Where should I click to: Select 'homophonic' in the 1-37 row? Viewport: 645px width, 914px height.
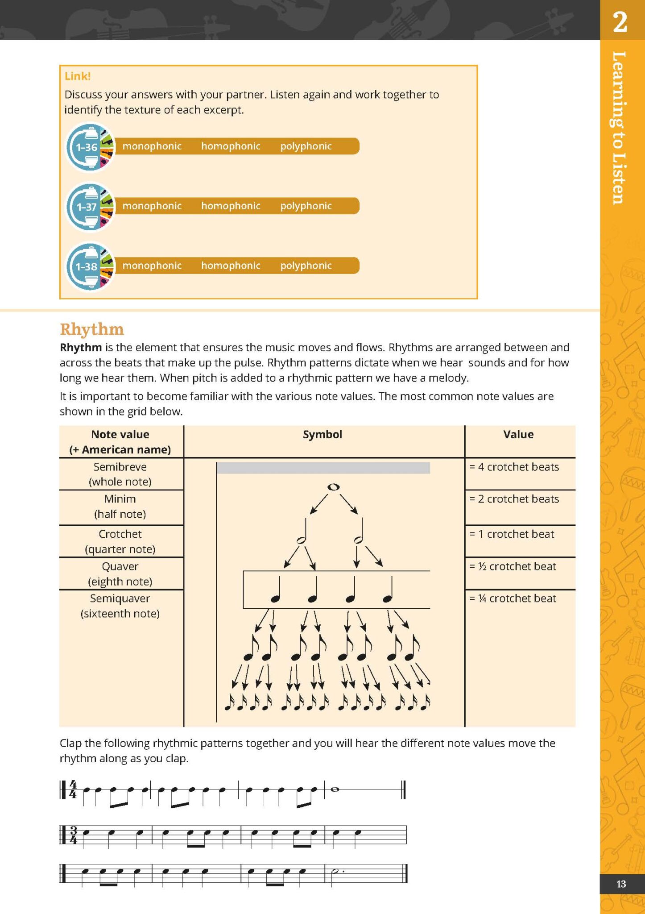point(231,206)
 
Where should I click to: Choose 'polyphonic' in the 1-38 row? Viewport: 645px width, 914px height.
point(306,266)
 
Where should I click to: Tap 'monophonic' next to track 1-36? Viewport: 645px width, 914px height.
point(152,146)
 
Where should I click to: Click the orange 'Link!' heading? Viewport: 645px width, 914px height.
point(78,76)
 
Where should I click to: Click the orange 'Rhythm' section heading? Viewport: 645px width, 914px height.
point(92,329)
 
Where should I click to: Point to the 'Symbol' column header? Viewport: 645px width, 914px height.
point(322,434)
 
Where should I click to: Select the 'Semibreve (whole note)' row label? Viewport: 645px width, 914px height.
point(120,474)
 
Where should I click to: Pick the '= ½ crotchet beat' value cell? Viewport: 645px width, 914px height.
point(513,566)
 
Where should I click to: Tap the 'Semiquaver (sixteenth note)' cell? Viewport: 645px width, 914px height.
point(120,606)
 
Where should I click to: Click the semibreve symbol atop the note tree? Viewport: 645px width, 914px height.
point(333,487)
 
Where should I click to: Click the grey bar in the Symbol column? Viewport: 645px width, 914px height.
point(323,468)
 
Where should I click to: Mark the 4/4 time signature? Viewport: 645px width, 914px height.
point(73,789)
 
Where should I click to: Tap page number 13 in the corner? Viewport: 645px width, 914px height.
point(621,884)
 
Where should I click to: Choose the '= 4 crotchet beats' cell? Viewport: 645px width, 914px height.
point(514,467)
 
